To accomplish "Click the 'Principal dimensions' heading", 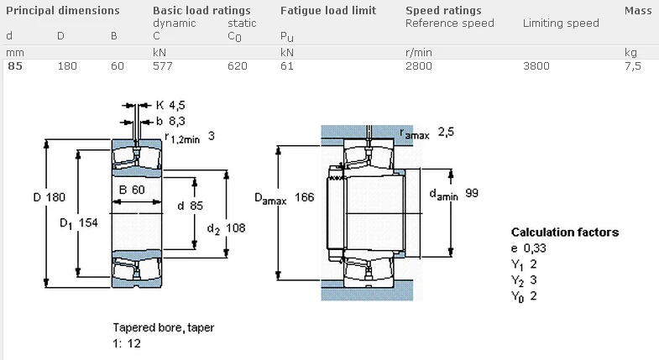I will click(62, 10).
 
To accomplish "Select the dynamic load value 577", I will click(162, 65).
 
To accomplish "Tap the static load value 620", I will click(238, 65).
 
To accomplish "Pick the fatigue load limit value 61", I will click(286, 65).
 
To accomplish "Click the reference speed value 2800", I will click(419, 65).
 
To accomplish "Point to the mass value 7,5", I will click(632, 65).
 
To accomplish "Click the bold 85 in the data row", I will click(15, 65).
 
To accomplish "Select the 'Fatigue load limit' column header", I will click(327, 10).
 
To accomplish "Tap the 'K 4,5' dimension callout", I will click(170, 106).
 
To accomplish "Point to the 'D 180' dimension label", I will click(49, 197).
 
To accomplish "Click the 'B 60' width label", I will click(132, 189).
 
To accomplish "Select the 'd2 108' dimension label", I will click(225, 227).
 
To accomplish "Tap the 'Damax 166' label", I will click(284, 199).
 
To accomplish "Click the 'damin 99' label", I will click(453, 194).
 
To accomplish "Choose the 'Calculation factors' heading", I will click(564, 232).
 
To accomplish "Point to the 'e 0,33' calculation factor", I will click(528, 248).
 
